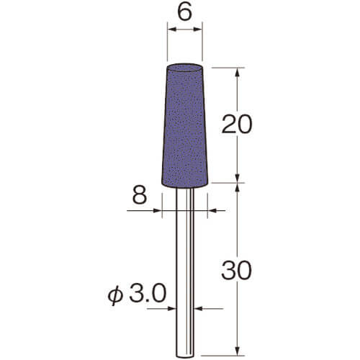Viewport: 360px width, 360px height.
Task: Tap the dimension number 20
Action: (x=237, y=124)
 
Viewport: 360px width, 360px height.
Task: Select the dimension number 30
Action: (x=237, y=271)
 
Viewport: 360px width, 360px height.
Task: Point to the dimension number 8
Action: (x=140, y=195)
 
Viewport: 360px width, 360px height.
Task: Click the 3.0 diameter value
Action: (x=148, y=293)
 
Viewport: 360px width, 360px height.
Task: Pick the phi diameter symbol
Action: (x=115, y=296)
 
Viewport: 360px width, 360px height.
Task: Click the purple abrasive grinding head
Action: (x=184, y=125)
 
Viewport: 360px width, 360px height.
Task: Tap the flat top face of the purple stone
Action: (x=184, y=68)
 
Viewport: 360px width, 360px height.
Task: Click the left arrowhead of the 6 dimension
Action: (x=172, y=30)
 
